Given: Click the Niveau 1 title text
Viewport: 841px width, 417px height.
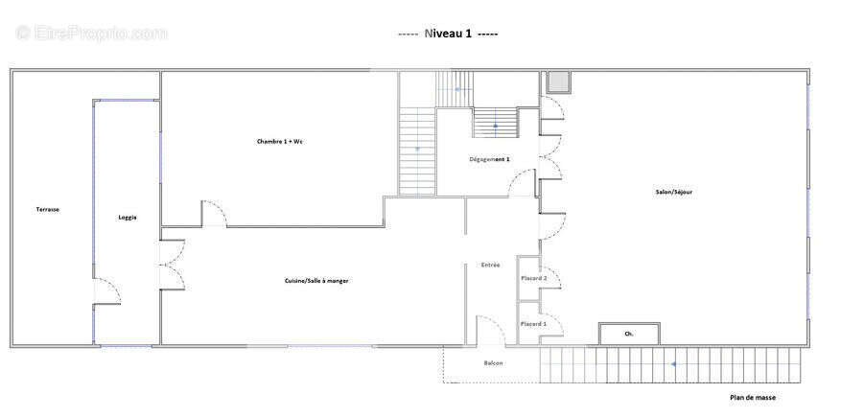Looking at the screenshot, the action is coord(448,34).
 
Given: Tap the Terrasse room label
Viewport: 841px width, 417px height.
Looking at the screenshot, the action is coord(48,210).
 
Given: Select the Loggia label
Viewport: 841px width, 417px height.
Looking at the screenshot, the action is coord(128,218).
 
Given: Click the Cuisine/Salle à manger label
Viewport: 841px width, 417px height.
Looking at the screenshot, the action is coord(317,281).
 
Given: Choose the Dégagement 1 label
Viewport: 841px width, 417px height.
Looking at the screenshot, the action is coord(489,159).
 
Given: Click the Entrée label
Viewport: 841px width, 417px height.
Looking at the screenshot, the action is coord(490,265).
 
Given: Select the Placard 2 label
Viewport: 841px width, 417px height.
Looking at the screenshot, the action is coord(534,278).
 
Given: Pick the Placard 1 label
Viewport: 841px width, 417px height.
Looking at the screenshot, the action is coord(534,324).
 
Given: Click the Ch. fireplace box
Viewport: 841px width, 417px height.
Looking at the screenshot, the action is coord(629,334).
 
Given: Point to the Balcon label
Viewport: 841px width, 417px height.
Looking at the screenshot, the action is coord(493,363).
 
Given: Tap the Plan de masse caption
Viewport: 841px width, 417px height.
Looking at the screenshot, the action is coord(752,398).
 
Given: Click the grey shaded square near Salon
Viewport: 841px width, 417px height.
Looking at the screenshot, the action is coord(558,82).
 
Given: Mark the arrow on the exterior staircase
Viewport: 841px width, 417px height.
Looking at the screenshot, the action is coord(672,364).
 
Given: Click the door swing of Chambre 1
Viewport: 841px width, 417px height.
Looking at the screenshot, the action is coord(215,213).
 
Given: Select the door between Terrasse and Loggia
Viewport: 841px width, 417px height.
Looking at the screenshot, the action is coord(106,291).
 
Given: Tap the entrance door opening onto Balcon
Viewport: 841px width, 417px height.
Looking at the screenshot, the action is coord(491,330).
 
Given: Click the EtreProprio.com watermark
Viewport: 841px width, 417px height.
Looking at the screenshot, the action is coord(91,34).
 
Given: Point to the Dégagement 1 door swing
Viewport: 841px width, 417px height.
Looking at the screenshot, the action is coord(522,182).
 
